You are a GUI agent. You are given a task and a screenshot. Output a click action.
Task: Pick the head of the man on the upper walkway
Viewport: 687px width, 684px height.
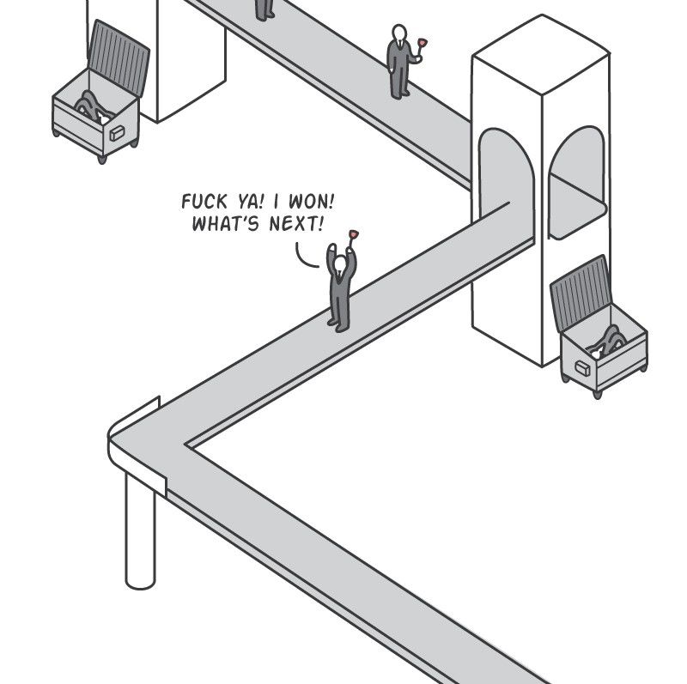coord(398,33)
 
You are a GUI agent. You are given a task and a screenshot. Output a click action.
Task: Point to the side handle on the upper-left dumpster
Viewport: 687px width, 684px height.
coord(119,133)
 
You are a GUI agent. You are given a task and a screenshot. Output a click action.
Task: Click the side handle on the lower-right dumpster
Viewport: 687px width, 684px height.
coord(583,368)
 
